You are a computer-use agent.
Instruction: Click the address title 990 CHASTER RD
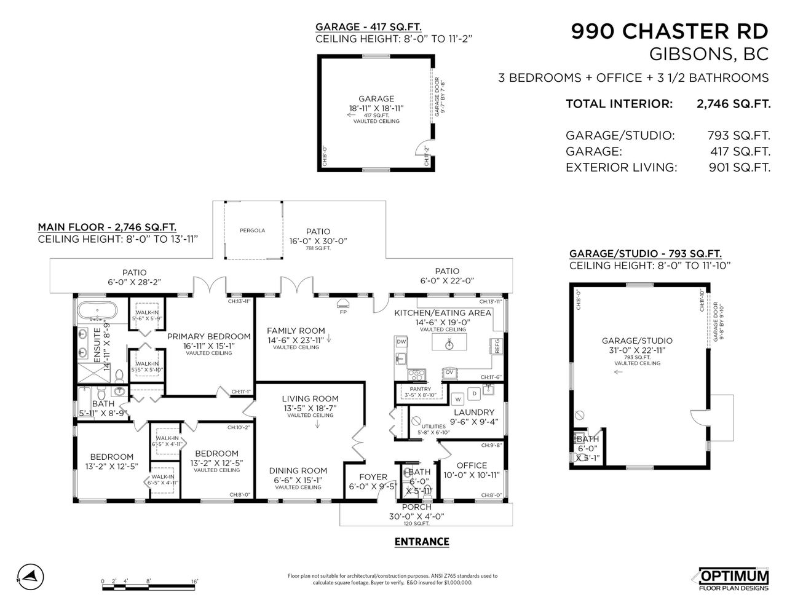[x=670, y=31]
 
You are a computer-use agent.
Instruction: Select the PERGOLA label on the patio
[x=252, y=231]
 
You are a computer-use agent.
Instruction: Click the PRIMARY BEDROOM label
[x=208, y=336]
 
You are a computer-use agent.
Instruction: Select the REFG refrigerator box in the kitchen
[x=496, y=345]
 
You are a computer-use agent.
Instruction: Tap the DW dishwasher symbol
[x=401, y=341]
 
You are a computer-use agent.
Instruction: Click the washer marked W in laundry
[x=458, y=400]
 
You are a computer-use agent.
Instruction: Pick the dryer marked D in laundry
[x=473, y=393]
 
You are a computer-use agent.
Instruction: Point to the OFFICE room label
[x=472, y=465]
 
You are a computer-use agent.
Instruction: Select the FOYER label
[x=373, y=476]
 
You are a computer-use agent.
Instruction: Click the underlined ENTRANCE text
[x=421, y=542]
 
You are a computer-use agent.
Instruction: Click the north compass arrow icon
[x=29, y=576]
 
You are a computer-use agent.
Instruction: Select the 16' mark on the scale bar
[x=194, y=580]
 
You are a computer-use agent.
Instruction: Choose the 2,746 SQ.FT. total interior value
[x=733, y=104]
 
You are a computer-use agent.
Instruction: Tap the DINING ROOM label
[x=298, y=471]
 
